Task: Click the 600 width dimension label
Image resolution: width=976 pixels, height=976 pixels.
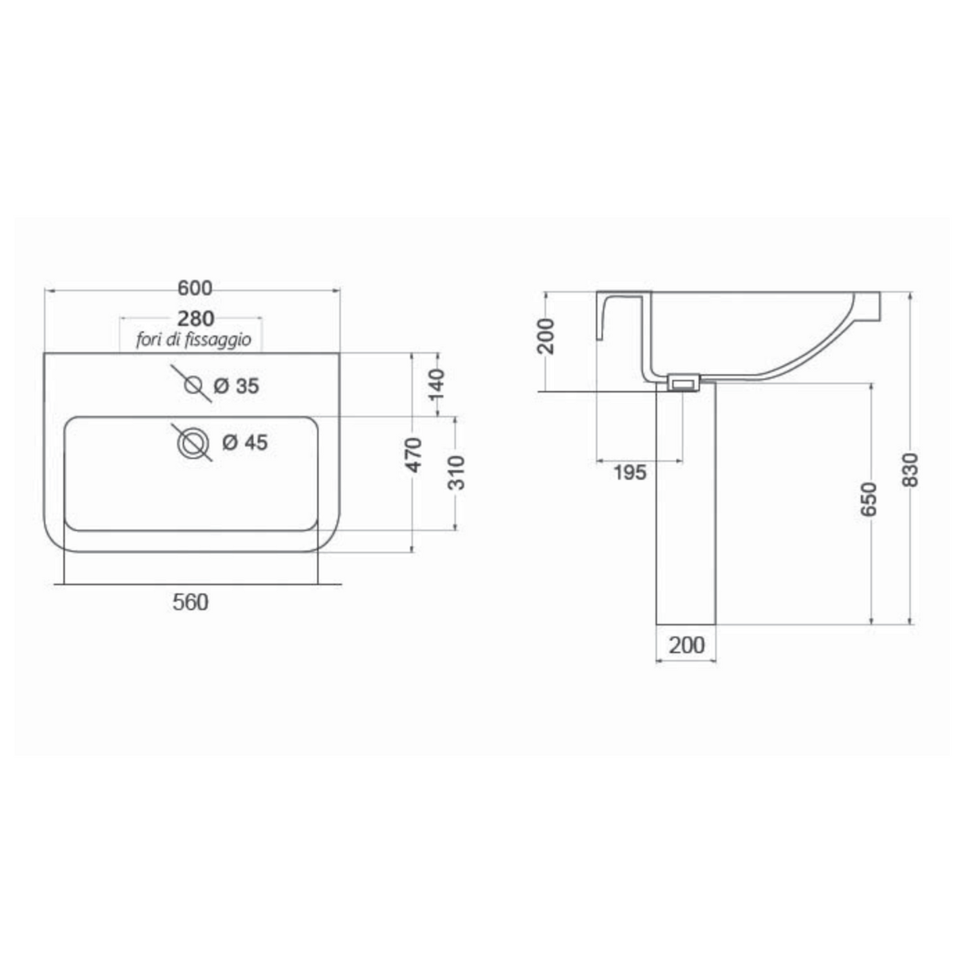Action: (x=195, y=288)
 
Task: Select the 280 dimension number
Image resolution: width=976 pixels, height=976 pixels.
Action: (x=196, y=319)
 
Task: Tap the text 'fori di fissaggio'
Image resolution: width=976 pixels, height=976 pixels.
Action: (x=193, y=339)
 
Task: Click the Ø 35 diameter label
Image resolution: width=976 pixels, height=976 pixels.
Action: (x=236, y=386)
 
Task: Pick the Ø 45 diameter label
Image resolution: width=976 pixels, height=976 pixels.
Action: (x=245, y=442)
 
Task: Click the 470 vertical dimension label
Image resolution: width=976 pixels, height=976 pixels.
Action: (x=415, y=455)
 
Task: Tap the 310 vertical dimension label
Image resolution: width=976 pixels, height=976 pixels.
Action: (x=457, y=473)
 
